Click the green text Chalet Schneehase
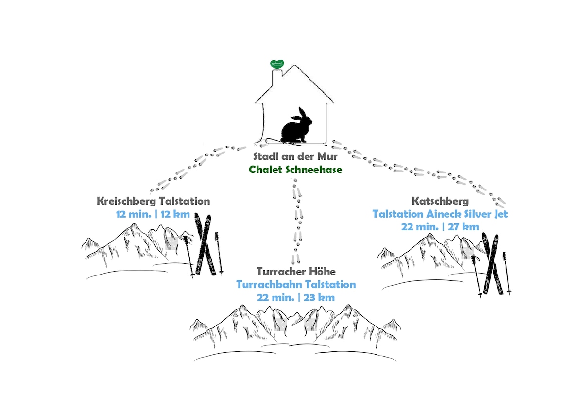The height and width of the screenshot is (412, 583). point(296,170)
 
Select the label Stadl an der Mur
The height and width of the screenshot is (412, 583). point(296,157)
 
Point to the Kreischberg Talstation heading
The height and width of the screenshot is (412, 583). point(153,201)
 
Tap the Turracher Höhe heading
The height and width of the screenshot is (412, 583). point(296,271)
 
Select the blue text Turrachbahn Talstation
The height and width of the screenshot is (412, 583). point(296,284)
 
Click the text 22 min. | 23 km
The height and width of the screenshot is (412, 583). point(296,297)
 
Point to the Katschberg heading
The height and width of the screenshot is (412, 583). point(440,201)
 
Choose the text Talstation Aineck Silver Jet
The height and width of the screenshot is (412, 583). point(440,214)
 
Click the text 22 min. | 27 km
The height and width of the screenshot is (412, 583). point(440,226)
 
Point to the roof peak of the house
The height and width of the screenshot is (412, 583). point(295,66)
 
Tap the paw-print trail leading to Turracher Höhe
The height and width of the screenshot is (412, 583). point(295,219)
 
